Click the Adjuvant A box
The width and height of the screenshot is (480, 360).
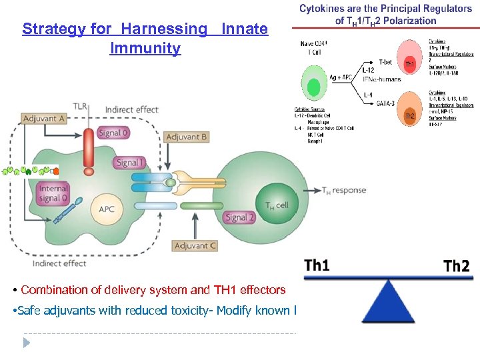pyautogui.click(x=44, y=119)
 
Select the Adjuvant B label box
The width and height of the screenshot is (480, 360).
pyautogui.click(x=187, y=137)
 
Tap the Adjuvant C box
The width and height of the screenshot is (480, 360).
pyautogui.click(x=195, y=246)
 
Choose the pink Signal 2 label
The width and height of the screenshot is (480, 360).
pyautogui.click(x=240, y=217)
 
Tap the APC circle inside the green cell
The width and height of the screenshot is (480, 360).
pyautogui.click(x=106, y=209)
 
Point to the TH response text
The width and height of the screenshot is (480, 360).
pyautogui.click(x=344, y=191)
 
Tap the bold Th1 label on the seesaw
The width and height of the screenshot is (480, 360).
pyautogui.click(x=317, y=265)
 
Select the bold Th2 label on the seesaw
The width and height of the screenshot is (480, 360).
pyautogui.click(x=456, y=267)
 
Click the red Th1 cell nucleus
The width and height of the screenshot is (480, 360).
pyautogui.click(x=409, y=65)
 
